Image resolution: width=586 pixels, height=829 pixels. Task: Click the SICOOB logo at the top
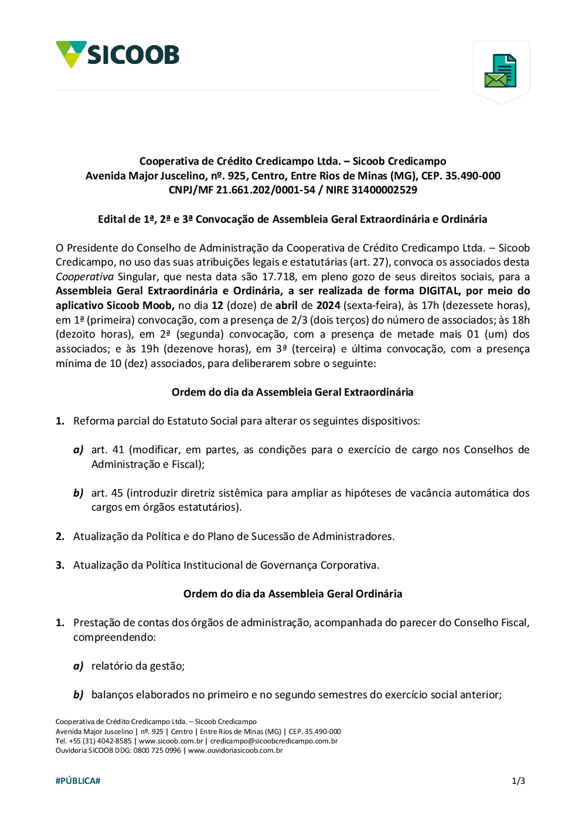118,55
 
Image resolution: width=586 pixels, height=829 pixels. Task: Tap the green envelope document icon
500,71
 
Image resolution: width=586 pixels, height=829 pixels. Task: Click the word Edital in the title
111,219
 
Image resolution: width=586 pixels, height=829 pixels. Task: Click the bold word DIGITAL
439,291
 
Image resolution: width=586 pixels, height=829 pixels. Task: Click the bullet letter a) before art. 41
79,450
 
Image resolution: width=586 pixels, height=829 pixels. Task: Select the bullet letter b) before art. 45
79,493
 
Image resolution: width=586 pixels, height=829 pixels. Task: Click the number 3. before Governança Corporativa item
60,565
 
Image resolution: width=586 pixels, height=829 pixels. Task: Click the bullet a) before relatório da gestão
79,666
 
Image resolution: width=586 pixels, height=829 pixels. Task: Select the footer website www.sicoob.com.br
171,741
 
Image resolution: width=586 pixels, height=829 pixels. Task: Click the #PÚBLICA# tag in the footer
78,781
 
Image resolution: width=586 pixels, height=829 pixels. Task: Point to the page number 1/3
518,781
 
